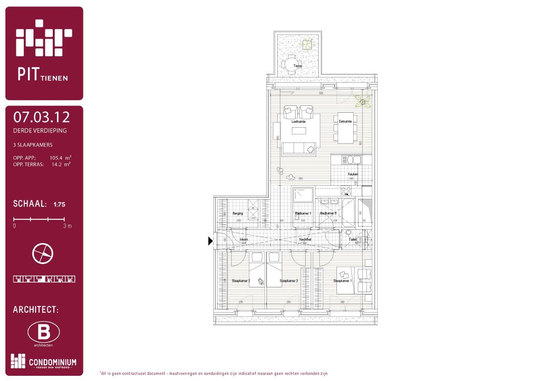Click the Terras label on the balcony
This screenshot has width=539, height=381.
pos(297,66)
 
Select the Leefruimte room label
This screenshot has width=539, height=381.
pos(299,122)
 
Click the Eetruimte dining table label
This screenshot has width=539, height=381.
pos(345,121)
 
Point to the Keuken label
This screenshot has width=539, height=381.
pos(353,174)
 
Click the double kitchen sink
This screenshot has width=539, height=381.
pos(351,160)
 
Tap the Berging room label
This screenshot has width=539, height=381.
pos(237,214)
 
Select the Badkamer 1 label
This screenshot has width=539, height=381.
pos(303,214)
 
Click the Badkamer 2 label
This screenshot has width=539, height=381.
pos(328,214)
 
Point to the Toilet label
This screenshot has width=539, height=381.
pos(352,240)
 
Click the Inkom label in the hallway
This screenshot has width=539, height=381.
pos(244,240)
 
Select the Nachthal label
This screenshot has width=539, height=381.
pos(305,240)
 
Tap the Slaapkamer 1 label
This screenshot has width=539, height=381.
pos(342,281)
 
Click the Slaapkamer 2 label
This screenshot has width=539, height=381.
pos(241,281)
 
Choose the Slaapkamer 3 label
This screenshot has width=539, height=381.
pos(288,281)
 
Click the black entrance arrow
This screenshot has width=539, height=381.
pos(210,241)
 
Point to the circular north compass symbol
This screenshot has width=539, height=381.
pos(43,254)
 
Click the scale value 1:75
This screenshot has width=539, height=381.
pos(59,204)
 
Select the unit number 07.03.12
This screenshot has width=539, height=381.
pos(41,117)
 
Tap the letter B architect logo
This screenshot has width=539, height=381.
pos(44,332)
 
